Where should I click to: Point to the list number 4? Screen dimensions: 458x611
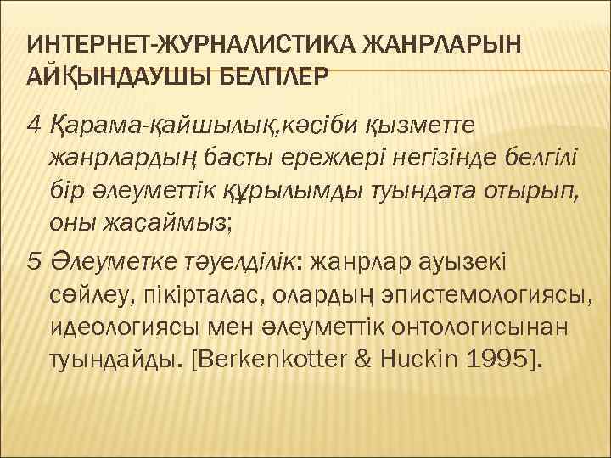[35, 126]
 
